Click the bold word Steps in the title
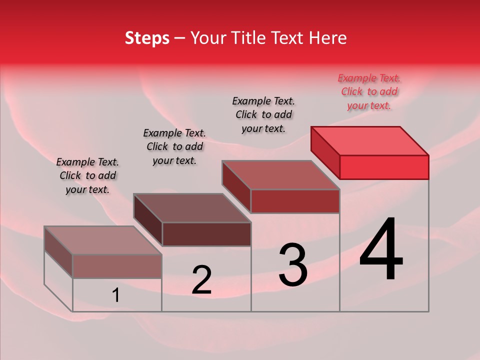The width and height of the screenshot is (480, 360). [x=147, y=38]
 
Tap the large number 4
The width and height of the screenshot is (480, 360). [x=381, y=249]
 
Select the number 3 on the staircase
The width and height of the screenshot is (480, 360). [x=292, y=265]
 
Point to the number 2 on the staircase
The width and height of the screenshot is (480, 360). [x=201, y=280]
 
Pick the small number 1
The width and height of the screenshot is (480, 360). [x=115, y=295]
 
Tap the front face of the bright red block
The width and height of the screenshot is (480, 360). [x=384, y=167]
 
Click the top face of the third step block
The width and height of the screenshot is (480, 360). [x=281, y=175]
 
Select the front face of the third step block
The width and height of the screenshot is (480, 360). [x=295, y=201]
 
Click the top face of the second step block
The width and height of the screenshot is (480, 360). [x=192, y=208]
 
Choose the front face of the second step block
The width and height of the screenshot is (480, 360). [x=206, y=234]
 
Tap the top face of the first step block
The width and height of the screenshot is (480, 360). [x=103, y=240]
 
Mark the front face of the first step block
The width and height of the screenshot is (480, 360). [x=117, y=266]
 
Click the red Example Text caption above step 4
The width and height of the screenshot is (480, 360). [x=369, y=91]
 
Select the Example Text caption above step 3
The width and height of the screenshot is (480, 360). [x=263, y=114]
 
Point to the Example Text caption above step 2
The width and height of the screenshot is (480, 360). [x=174, y=146]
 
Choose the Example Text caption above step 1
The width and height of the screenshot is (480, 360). [x=87, y=175]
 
